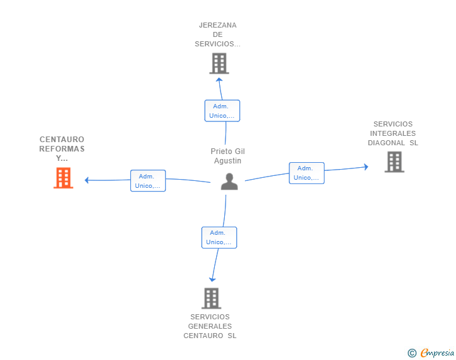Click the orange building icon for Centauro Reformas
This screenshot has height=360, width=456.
pyautogui.click(x=63, y=178)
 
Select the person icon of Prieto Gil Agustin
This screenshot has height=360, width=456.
pyautogui.click(x=229, y=182)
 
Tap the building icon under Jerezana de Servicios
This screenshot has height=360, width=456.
pyautogui.click(x=219, y=63)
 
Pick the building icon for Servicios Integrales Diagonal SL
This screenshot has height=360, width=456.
pyautogui.click(x=395, y=162)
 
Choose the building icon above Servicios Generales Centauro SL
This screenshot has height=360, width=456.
pyautogui.click(x=212, y=299)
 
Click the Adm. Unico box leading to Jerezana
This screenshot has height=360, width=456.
pyautogui.click(x=222, y=111)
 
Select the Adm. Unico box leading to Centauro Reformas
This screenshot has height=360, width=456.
pyautogui.click(x=148, y=181)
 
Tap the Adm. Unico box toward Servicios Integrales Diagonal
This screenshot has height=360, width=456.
pyautogui.click(x=306, y=173)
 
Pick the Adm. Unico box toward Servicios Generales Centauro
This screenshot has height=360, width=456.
pyautogui.click(x=219, y=237)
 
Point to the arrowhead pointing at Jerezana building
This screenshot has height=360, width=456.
pyautogui.click(x=219, y=80)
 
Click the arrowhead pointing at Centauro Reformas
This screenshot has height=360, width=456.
pyautogui.click(x=86, y=180)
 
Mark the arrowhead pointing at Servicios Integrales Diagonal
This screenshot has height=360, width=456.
pyautogui.click(x=366, y=167)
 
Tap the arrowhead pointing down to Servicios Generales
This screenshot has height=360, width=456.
pyautogui.click(x=212, y=280)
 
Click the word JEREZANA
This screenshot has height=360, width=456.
pyautogui.click(x=217, y=25)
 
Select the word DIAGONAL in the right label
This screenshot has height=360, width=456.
pyautogui.click(x=386, y=143)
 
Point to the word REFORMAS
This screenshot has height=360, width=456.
pyautogui.click(x=62, y=149)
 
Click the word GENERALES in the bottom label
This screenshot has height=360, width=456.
pyautogui.click(x=210, y=326)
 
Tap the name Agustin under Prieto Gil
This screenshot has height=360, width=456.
pyautogui.click(x=228, y=161)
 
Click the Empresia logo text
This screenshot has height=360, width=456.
pyautogui.click(x=437, y=352)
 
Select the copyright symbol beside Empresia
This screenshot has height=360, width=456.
pyautogui.click(x=412, y=353)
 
